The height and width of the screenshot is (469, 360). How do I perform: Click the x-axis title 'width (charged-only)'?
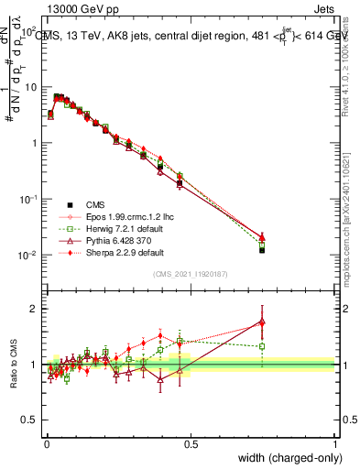coord(287,458)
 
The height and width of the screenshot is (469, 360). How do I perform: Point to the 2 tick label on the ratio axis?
coord(36,309)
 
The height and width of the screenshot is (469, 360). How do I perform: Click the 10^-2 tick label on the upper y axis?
coord(30,255)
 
